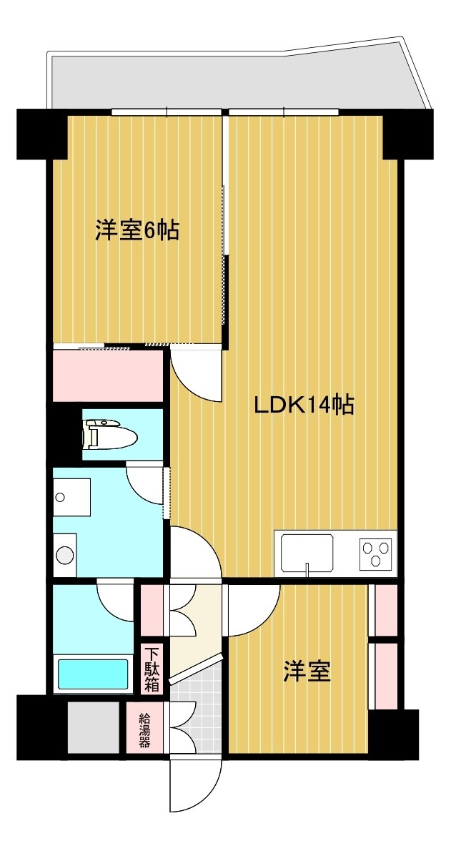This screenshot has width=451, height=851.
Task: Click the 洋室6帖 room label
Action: point(137,231)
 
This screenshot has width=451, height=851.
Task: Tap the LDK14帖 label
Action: point(305,405)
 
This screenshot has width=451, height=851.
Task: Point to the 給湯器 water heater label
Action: point(144,731)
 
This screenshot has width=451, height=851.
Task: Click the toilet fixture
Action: point(110,435)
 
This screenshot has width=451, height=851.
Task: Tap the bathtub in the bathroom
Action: point(94,674)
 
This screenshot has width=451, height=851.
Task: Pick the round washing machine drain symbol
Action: point(65,555)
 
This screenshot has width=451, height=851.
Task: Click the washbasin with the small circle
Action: point(71,497)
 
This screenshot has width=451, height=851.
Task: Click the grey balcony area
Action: point(239,79)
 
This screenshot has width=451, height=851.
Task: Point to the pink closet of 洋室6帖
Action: point(108,375)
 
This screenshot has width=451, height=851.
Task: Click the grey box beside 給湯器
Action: point(94,727)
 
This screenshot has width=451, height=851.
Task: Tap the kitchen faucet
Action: point(307,571)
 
